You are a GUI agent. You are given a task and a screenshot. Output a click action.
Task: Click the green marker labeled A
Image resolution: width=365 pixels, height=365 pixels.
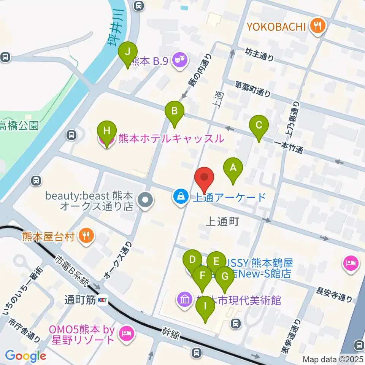233,167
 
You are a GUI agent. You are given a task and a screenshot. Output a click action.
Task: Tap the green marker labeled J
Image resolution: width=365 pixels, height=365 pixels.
127,51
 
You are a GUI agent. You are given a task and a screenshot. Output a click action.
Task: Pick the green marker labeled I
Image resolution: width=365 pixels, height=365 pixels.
205,306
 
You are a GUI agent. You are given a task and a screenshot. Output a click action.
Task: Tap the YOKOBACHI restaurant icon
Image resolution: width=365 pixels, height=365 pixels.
317,26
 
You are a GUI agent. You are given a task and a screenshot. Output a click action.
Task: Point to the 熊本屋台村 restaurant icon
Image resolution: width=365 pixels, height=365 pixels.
87,236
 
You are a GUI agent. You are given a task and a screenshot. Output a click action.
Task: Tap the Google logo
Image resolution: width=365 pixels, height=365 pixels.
26,356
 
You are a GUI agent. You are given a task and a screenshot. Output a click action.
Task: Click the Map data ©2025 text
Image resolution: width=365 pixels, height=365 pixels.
332,359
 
